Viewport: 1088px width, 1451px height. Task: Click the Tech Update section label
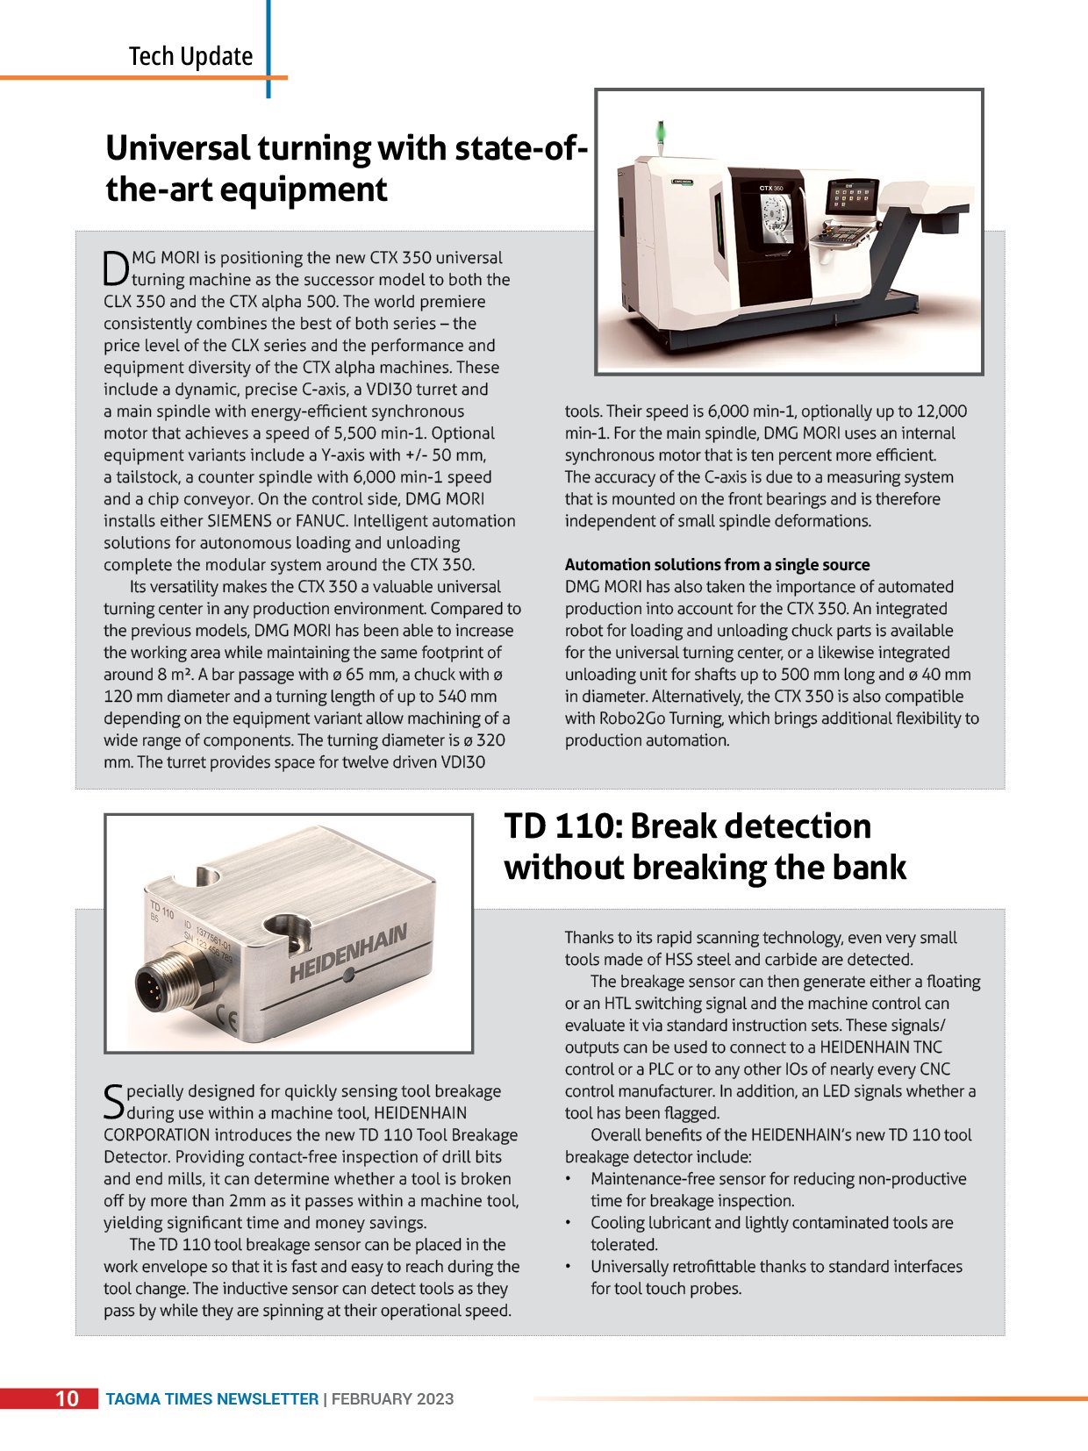click(x=190, y=57)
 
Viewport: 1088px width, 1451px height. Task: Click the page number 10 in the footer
click(x=68, y=1398)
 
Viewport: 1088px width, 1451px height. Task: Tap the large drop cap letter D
click(x=116, y=268)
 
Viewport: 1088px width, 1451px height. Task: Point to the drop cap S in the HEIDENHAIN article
click(x=114, y=1102)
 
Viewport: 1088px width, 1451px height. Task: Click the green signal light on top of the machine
click(x=661, y=132)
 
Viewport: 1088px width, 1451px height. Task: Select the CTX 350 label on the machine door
click(x=771, y=188)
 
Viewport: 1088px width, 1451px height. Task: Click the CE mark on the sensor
click(x=226, y=1019)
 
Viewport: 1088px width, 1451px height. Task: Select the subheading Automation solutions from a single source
click(x=717, y=565)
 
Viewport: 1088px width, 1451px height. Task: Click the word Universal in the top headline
click(x=177, y=148)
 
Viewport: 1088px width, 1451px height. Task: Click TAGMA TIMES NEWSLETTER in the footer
click(x=211, y=1399)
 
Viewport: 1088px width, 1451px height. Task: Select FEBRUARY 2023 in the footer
click(x=392, y=1399)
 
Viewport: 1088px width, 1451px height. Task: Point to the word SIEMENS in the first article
click(x=240, y=521)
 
